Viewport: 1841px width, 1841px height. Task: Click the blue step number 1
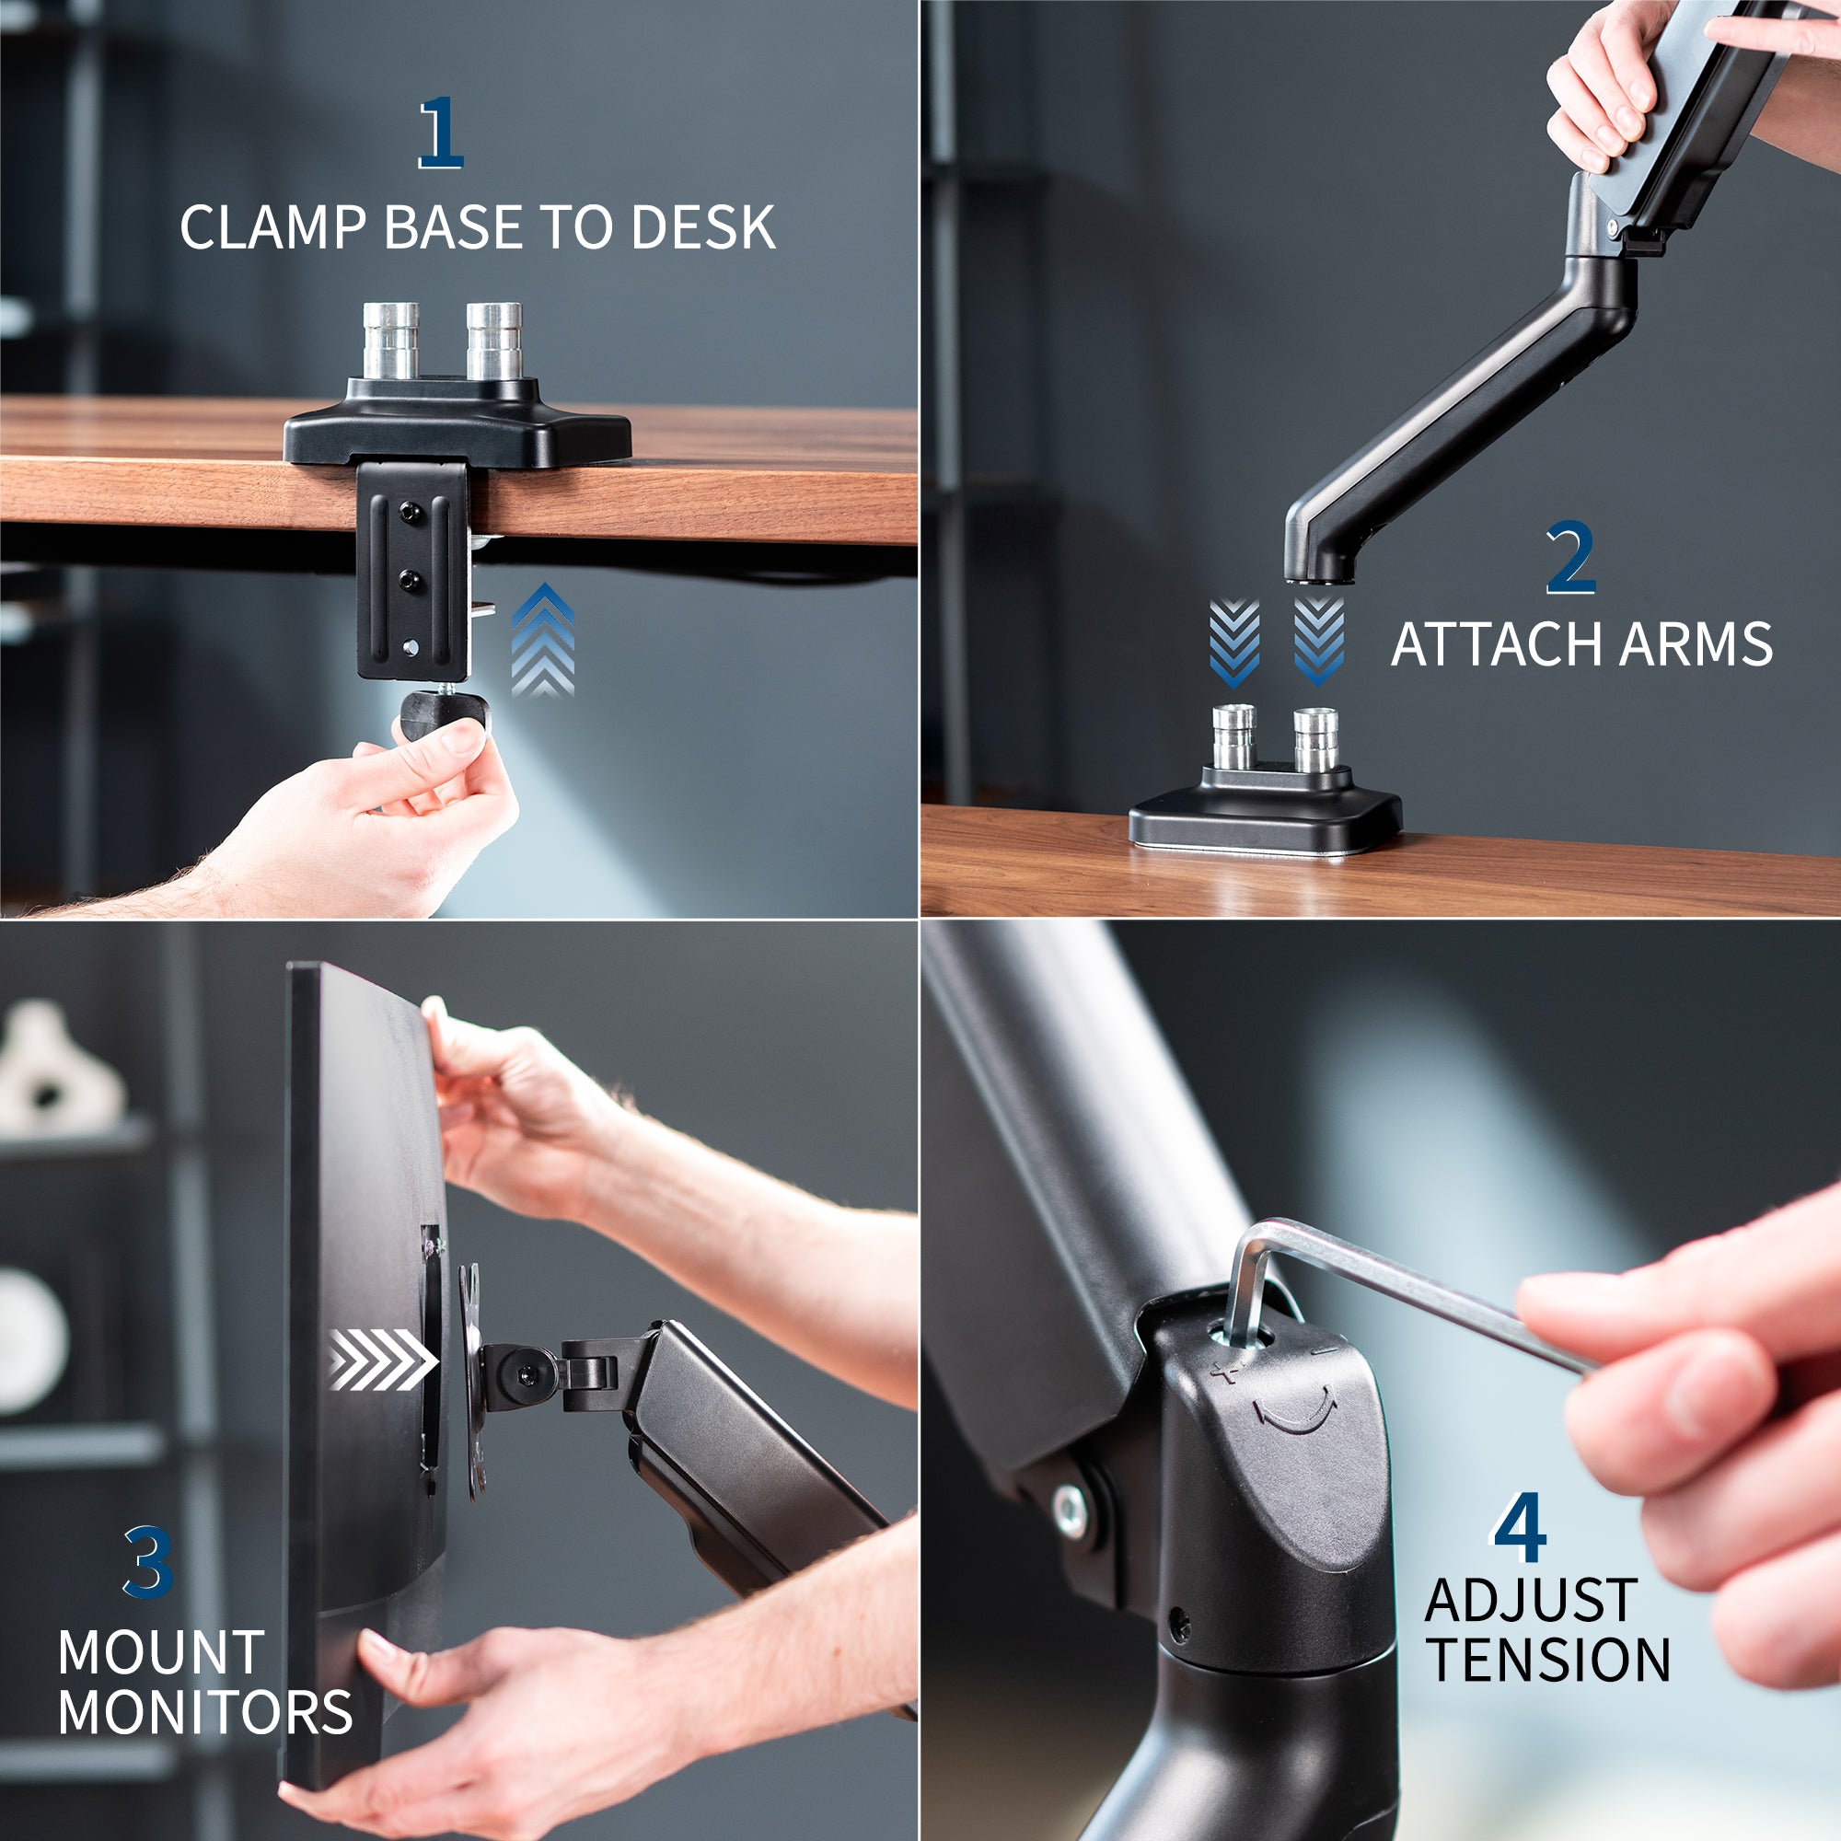(441, 133)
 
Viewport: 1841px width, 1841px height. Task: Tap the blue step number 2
(1570, 559)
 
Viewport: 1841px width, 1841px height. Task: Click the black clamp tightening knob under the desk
(444, 716)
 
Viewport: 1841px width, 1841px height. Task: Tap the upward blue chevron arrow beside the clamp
(543, 640)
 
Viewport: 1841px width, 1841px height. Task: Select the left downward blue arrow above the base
(1235, 643)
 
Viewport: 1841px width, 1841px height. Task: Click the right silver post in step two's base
(1317, 739)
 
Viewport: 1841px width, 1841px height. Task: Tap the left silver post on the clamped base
(390, 341)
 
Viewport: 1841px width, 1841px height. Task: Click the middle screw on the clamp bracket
(411, 577)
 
